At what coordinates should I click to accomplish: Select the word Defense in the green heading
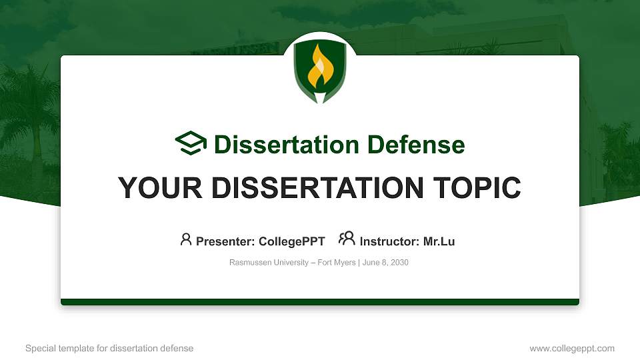click(413, 145)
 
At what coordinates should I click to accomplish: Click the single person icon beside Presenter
click(186, 239)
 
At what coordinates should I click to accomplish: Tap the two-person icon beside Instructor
click(347, 239)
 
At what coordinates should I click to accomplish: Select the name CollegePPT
click(291, 241)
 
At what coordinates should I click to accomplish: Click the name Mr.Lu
click(439, 241)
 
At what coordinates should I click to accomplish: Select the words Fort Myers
click(337, 263)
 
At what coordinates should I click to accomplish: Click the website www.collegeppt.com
click(571, 348)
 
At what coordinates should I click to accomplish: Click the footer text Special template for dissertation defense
click(109, 348)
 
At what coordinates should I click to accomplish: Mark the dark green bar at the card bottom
click(320, 302)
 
